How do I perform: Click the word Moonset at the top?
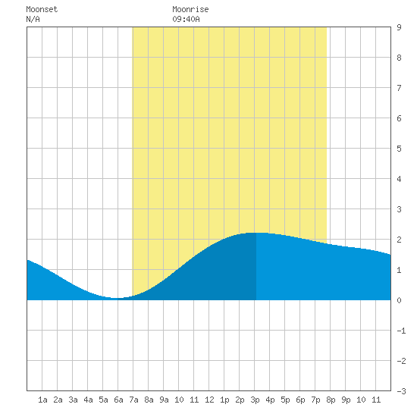pyautogui.click(x=42, y=9)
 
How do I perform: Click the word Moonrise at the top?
pyautogui.click(x=190, y=9)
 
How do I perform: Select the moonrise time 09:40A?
pyautogui.click(x=186, y=19)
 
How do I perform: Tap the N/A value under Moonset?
pyautogui.click(x=33, y=19)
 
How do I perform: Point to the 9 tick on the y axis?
pyautogui.click(x=399, y=27)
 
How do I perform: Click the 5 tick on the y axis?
pyautogui.click(x=399, y=149)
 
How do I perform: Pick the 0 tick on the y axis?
pyautogui.click(x=399, y=300)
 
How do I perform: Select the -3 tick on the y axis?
pyautogui.click(x=401, y=391)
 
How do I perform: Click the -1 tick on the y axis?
pyautogui.click(x=401, y=331)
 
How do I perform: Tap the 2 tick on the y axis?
pyautogui.click(x=399, y=240)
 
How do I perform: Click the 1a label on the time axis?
pyautogui.click(x=42, y=400)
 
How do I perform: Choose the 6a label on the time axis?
pyautogui.click(x=118, y=400)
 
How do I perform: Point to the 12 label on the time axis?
pyautogui.click(x=209, y=400)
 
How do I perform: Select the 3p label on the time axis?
pyautogui.click(x=255, y=400)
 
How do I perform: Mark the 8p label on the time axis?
pyautogui.click(x=331, y=400)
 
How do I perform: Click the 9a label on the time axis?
pyautogui.click(x=164, y=400)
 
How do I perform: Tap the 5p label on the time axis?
pyautogui.click(x=285, y=400)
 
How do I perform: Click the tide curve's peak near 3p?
pyautogui.click(x=256, y=233)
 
